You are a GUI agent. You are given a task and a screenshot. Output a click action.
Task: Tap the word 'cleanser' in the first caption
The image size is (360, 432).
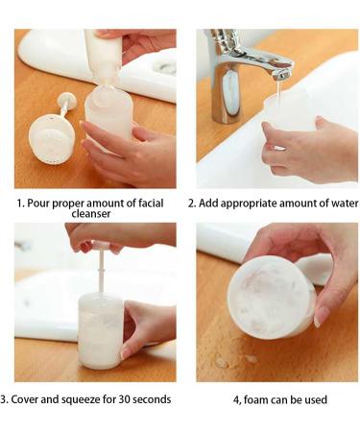coord(94,218)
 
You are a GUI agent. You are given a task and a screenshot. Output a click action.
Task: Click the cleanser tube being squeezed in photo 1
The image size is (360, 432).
coord(102,53)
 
